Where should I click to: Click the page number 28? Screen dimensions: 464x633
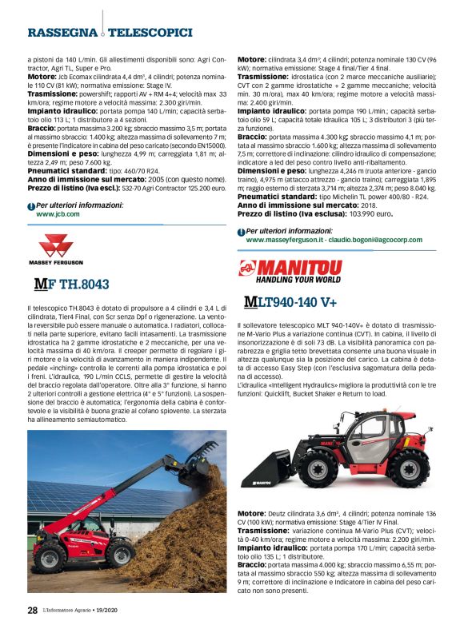coord(32,610)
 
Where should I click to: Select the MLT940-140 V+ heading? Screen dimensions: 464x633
coord(290,302)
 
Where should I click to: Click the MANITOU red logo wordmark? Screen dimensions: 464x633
coord(298,266)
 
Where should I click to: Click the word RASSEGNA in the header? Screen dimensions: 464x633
coord(62,33)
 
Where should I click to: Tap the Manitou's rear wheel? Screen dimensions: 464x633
coord(408,469)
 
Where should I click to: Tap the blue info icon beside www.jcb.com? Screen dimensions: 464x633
coord(31,206)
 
